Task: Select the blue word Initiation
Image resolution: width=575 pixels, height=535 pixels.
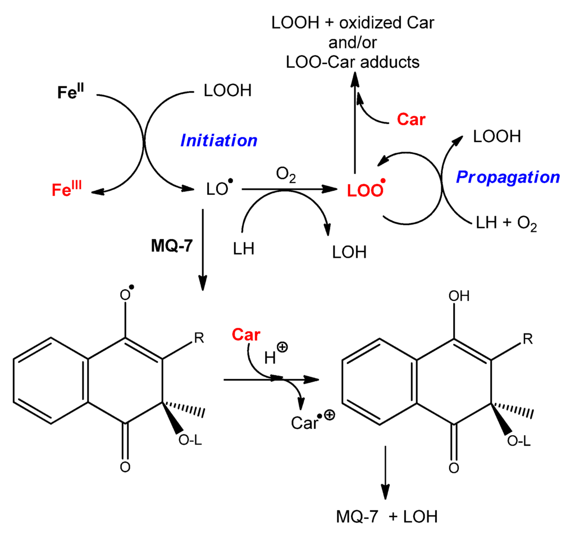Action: coord(218,140)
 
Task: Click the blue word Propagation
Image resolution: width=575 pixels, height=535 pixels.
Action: coord(508,177)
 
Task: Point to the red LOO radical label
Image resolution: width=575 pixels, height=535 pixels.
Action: coord(364,191)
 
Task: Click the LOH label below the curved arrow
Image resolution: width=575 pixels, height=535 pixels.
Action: coord(349,252)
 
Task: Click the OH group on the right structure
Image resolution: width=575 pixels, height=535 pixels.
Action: coord(460,296)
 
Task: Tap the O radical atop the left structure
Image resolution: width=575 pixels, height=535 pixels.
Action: coord(127,295)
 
